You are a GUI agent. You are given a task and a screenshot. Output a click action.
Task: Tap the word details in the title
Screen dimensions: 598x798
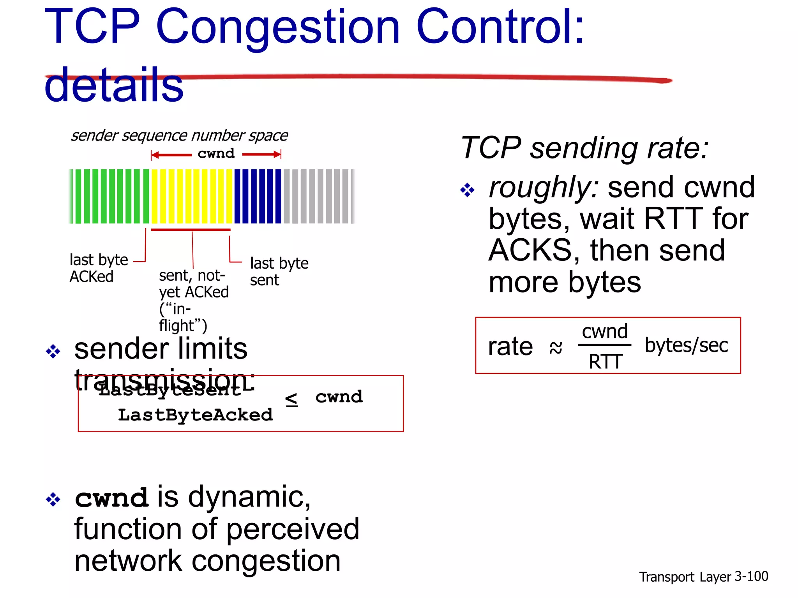coord(114,85)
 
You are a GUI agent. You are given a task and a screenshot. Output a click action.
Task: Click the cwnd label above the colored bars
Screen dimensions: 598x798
coord(216,153)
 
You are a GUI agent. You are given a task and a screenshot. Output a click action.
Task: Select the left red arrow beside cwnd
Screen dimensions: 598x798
coord(171,155)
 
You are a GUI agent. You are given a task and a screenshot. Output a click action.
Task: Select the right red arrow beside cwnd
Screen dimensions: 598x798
coord(261,155)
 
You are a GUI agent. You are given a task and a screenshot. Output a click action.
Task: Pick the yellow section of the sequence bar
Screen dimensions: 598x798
coord(192,196)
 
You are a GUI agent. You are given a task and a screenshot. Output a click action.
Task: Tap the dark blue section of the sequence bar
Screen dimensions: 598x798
coord(257,196)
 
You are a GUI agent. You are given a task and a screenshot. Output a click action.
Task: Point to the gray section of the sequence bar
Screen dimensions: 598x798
coord(318,196)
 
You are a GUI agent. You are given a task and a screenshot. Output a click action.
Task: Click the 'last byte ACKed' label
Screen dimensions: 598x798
coord(98,268)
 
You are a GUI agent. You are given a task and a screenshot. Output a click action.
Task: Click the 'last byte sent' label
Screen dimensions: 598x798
coord(279,271)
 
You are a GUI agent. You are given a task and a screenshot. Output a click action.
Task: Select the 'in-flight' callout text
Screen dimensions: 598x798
coord(193,300)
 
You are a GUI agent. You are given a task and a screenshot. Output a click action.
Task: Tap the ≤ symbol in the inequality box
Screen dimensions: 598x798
coord(291,400)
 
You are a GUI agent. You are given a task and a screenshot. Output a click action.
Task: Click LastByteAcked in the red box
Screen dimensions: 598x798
coord(195,415)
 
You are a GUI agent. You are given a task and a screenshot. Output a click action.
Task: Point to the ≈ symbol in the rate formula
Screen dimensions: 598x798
coord(556,347)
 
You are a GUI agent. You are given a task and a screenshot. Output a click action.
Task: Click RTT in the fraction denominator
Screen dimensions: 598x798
coord(605,362)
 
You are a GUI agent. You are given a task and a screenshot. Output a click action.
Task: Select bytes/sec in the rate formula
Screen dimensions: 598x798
coord(686,345)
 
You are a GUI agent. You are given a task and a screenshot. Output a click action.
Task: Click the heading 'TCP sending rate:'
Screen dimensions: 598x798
coord(584,148)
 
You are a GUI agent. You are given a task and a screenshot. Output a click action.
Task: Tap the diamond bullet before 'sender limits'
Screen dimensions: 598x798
coord(53,352)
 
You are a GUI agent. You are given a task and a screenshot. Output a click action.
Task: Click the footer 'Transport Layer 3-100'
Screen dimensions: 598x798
coord(703,577)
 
